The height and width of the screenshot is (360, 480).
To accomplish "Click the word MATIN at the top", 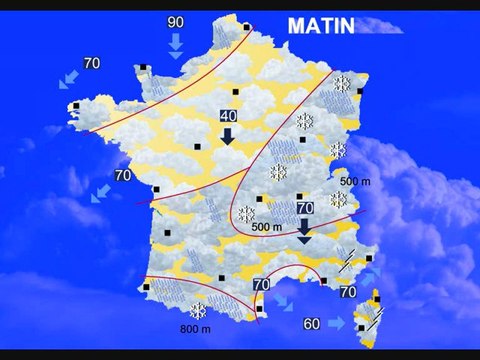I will (320, 26).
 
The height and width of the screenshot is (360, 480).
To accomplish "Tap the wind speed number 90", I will (175, 22).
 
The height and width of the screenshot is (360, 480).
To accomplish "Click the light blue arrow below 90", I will (176, 44).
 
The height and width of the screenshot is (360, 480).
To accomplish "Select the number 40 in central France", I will (227, 116).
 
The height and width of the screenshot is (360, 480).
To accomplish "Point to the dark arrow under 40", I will (227, 136).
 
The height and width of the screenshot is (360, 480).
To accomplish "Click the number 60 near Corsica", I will (312, 323).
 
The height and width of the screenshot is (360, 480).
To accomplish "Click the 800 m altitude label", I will (195, 330).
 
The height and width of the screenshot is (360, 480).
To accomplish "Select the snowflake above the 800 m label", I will (198, 310).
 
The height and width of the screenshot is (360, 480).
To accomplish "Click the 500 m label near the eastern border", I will (355, 180).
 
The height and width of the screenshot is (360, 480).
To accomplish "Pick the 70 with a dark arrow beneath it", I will (305, 207).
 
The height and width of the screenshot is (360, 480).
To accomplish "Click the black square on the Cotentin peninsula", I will (144, 68).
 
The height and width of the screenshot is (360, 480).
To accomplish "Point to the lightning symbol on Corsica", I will (379, 316).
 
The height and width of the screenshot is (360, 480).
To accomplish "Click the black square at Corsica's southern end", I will (361, 327).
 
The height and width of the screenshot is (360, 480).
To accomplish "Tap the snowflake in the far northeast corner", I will (341, 85).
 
